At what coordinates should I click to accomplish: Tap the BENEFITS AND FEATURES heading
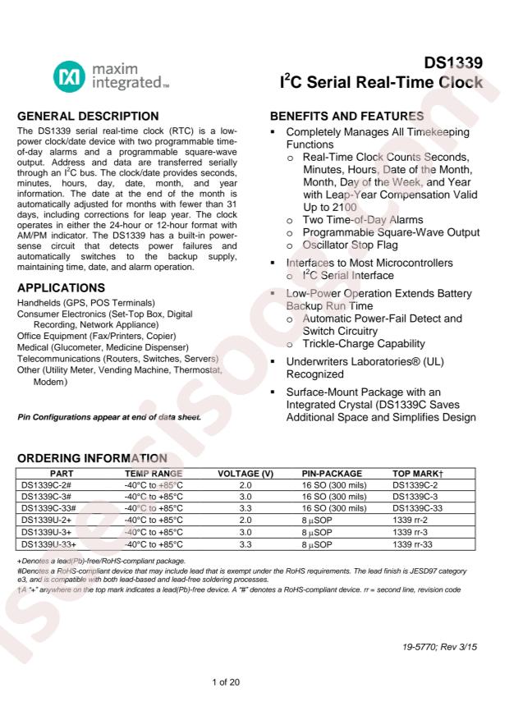tap(346, 116)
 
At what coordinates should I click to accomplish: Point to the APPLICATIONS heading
tap(61, 288)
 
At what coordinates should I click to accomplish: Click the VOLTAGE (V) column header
tap(245, 475)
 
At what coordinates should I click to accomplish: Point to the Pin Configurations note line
tap(108, 416)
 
